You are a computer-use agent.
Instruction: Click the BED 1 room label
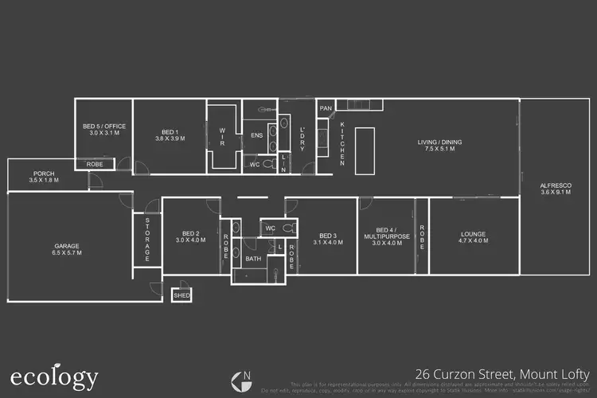[x=169, y=134]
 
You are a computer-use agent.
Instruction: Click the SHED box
[x=181, y=295]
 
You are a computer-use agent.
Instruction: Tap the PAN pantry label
[x=325, y=108]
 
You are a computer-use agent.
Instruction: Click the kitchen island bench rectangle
[x=365, y=150]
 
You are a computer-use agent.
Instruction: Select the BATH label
[x=253, y=259]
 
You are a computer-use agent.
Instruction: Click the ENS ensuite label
[x=257, y=135]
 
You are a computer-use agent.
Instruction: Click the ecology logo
[x=54, y=377]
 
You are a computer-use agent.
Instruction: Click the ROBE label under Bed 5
[x=94, y=164]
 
